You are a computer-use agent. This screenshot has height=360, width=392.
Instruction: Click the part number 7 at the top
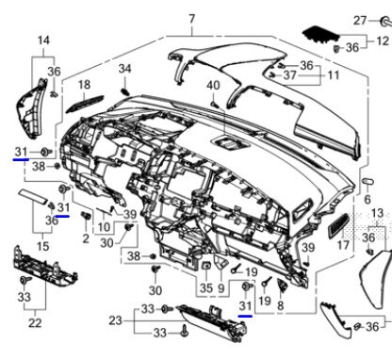click(x=192, y=19)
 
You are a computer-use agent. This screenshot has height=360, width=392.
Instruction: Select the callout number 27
click(x=360, y=21)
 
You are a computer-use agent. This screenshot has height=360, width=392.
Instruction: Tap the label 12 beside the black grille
click(x=382, y=41)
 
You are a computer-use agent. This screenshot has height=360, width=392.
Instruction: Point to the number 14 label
click(x=43, y=41)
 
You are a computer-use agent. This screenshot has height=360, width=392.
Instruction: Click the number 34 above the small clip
click(x=124, y=69)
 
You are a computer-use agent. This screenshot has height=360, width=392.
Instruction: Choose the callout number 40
click(x=213, y=86)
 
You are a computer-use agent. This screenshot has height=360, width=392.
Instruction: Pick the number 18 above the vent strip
click(x=84, y=85)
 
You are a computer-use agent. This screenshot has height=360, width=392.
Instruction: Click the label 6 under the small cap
click(x=367, y=199)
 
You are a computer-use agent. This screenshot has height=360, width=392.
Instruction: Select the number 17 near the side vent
click(x=343, y=245)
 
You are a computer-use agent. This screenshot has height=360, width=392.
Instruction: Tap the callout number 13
click(x=377, y=213)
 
